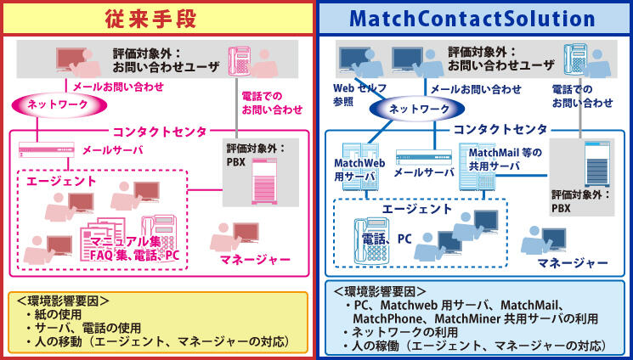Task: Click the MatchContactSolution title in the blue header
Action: pyautogui.click(x=472, y=18)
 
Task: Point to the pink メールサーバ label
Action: pyautogui.click(x=112, y=150)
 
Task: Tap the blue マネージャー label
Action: pyautogui.click(x=572, y=262)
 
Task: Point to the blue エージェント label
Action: pyautogui.click(x=416, y=208)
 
